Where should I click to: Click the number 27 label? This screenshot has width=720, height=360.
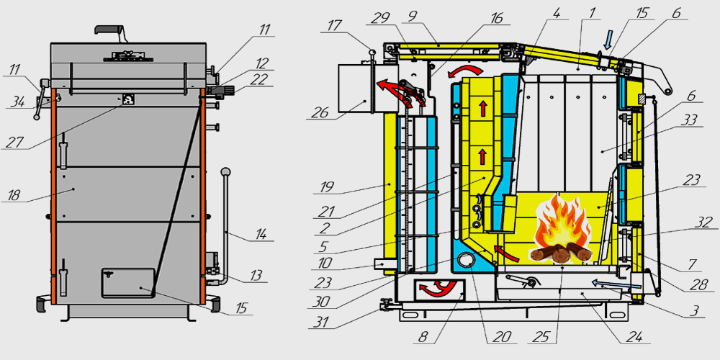point(10,143)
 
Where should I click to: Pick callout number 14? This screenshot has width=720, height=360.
point(256,234)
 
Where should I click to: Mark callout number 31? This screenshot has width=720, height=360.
point(319,323)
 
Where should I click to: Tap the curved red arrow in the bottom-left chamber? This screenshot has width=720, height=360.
point(436,289)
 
